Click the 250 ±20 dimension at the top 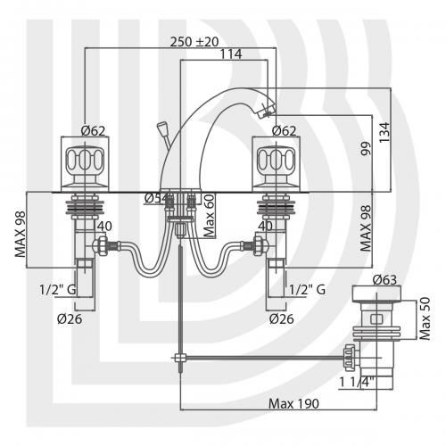194,42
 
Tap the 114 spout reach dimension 231,54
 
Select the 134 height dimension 384,132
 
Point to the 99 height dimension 366,148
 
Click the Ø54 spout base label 156,198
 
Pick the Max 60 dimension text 209,215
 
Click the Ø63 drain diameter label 385,280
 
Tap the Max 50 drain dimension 425,318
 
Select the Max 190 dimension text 293,403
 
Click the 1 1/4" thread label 357,382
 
